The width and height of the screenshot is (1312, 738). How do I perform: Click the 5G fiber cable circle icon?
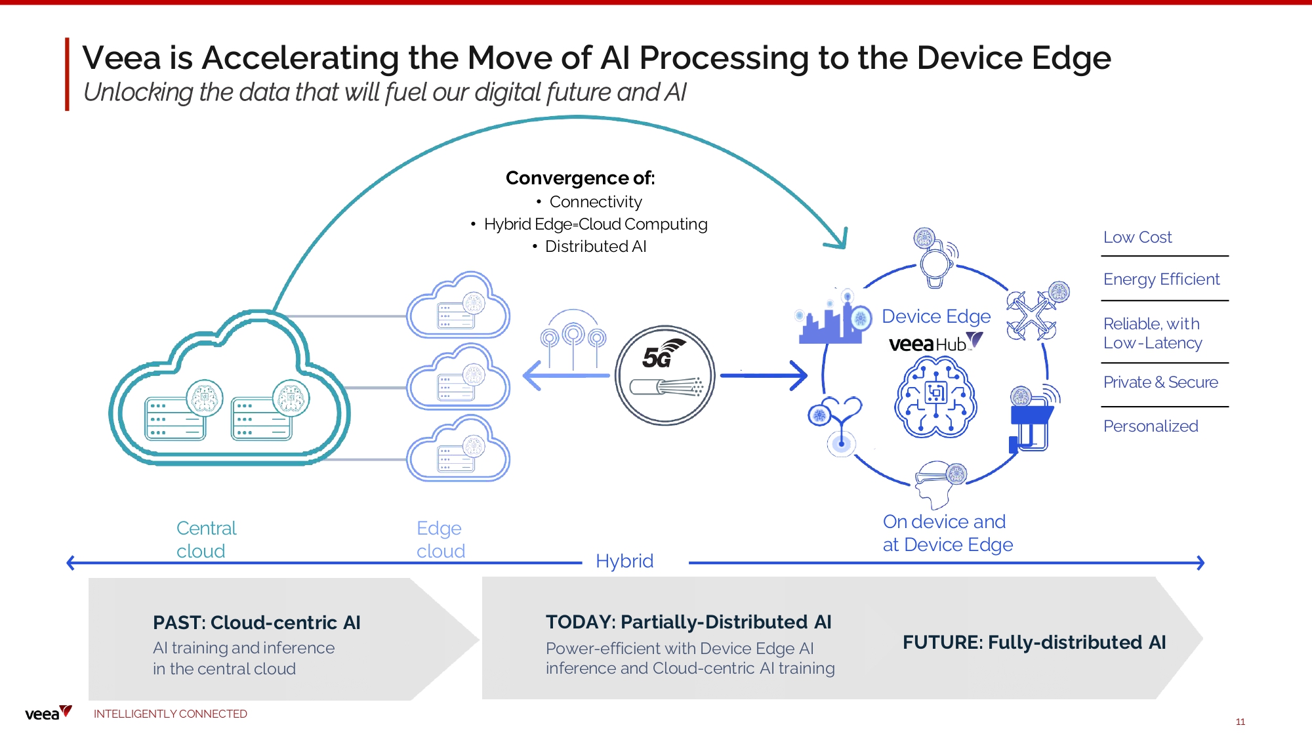coord(665,375)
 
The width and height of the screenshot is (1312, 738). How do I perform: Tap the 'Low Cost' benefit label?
coord(1137,237)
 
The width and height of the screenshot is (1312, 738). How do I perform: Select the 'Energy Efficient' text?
coord(1161,279)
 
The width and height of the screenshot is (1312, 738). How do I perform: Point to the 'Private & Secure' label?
coord(1160,382)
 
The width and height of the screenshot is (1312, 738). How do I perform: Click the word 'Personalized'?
coord(1150,426)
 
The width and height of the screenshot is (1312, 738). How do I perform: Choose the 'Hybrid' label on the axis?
coord(624,562)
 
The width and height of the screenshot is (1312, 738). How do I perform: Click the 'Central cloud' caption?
coord(206,539)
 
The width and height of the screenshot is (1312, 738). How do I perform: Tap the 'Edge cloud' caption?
coord(440,539)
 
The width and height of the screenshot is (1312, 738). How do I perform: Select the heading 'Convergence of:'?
coord(580,178)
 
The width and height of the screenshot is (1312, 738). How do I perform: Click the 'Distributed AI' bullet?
coord(595,247)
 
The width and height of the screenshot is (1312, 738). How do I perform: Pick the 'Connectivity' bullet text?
coord(595,202)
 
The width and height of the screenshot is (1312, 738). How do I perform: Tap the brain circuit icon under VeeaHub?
coord(935,398)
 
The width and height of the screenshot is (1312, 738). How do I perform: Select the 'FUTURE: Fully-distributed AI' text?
coord(1034,642)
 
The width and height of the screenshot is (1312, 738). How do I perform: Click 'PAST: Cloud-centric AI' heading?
coord(256,623)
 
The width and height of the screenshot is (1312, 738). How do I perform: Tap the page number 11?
coord(1240,722)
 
